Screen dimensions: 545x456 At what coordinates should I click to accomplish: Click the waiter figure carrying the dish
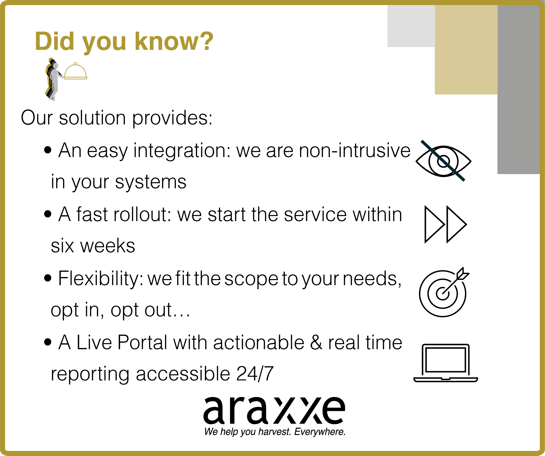point(53,79)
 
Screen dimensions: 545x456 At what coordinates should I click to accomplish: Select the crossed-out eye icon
point(444,161)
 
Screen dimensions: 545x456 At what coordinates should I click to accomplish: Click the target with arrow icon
point(444,292)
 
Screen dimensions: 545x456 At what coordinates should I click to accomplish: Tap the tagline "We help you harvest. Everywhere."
point(275,432)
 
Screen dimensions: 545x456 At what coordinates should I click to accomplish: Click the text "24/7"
point(255,374)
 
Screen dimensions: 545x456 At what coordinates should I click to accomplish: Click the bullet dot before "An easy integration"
point(48,150)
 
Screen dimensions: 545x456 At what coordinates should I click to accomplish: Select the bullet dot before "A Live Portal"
point(48,342)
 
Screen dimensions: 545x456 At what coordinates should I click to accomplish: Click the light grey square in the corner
point(411,26)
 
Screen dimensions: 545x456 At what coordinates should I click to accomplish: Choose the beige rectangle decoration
point(466,50)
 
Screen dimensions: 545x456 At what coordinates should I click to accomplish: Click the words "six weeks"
point(93,246)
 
